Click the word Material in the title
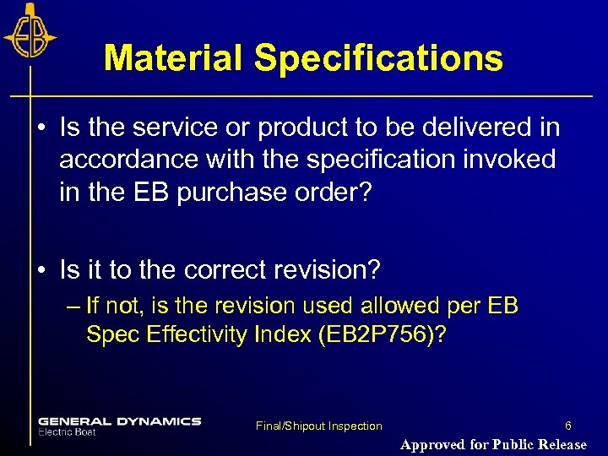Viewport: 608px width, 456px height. click(x=172, y=58)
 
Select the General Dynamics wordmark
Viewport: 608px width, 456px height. click(x=119, y=421)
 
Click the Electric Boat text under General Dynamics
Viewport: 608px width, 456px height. click(x=67, y=432)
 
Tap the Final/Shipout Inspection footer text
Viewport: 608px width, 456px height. click(x=319, y=426)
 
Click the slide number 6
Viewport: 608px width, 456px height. click(x=568, y=426)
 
